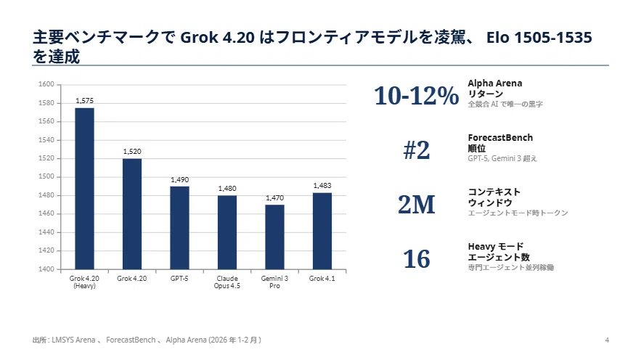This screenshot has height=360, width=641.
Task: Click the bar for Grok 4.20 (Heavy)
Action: point(85,189)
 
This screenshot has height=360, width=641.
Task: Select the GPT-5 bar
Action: point(179,228)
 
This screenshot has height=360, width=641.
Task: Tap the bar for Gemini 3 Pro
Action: point(274,237)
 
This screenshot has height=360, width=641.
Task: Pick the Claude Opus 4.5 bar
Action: point(227,232)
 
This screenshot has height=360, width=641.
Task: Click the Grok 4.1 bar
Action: point(322,231)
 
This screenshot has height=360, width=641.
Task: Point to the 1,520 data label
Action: point(132,152)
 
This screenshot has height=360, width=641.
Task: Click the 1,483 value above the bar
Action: point(322,186)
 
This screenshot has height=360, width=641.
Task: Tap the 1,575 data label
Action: point(85,100)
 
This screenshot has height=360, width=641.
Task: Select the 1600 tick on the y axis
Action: point(46,84)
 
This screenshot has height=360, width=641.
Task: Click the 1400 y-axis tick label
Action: point(46,269)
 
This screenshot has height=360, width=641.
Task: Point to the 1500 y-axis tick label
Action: point(46,176)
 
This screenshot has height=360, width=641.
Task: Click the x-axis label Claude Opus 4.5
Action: point(227,282)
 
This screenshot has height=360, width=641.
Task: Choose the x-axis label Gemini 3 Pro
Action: point(274,282)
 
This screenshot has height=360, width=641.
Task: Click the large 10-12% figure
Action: point(416,96)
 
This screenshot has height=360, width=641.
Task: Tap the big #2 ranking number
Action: point(416,150)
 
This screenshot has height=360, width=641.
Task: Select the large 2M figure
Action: point(416,204)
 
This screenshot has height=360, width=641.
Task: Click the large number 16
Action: point(416,259)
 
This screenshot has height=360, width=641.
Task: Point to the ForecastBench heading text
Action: point(500,138)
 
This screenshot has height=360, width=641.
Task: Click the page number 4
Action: point(607,340)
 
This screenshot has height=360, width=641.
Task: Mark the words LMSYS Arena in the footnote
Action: point(73,340)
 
